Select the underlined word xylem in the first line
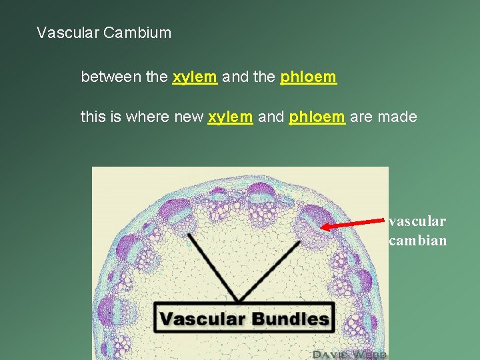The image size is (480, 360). coord(195,77)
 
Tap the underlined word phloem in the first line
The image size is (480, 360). coord(309,77)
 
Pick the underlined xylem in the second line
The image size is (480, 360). coord(230,117)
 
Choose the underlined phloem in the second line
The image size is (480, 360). coord(317,117)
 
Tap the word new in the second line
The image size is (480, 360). coord(189,117)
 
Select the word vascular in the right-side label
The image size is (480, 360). coord(417,221)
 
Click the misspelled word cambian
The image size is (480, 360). coord(418,240)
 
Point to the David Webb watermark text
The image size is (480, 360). coord(350,353)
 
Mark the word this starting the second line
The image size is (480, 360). coord(92,117)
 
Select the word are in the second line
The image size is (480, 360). coord(361,117)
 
